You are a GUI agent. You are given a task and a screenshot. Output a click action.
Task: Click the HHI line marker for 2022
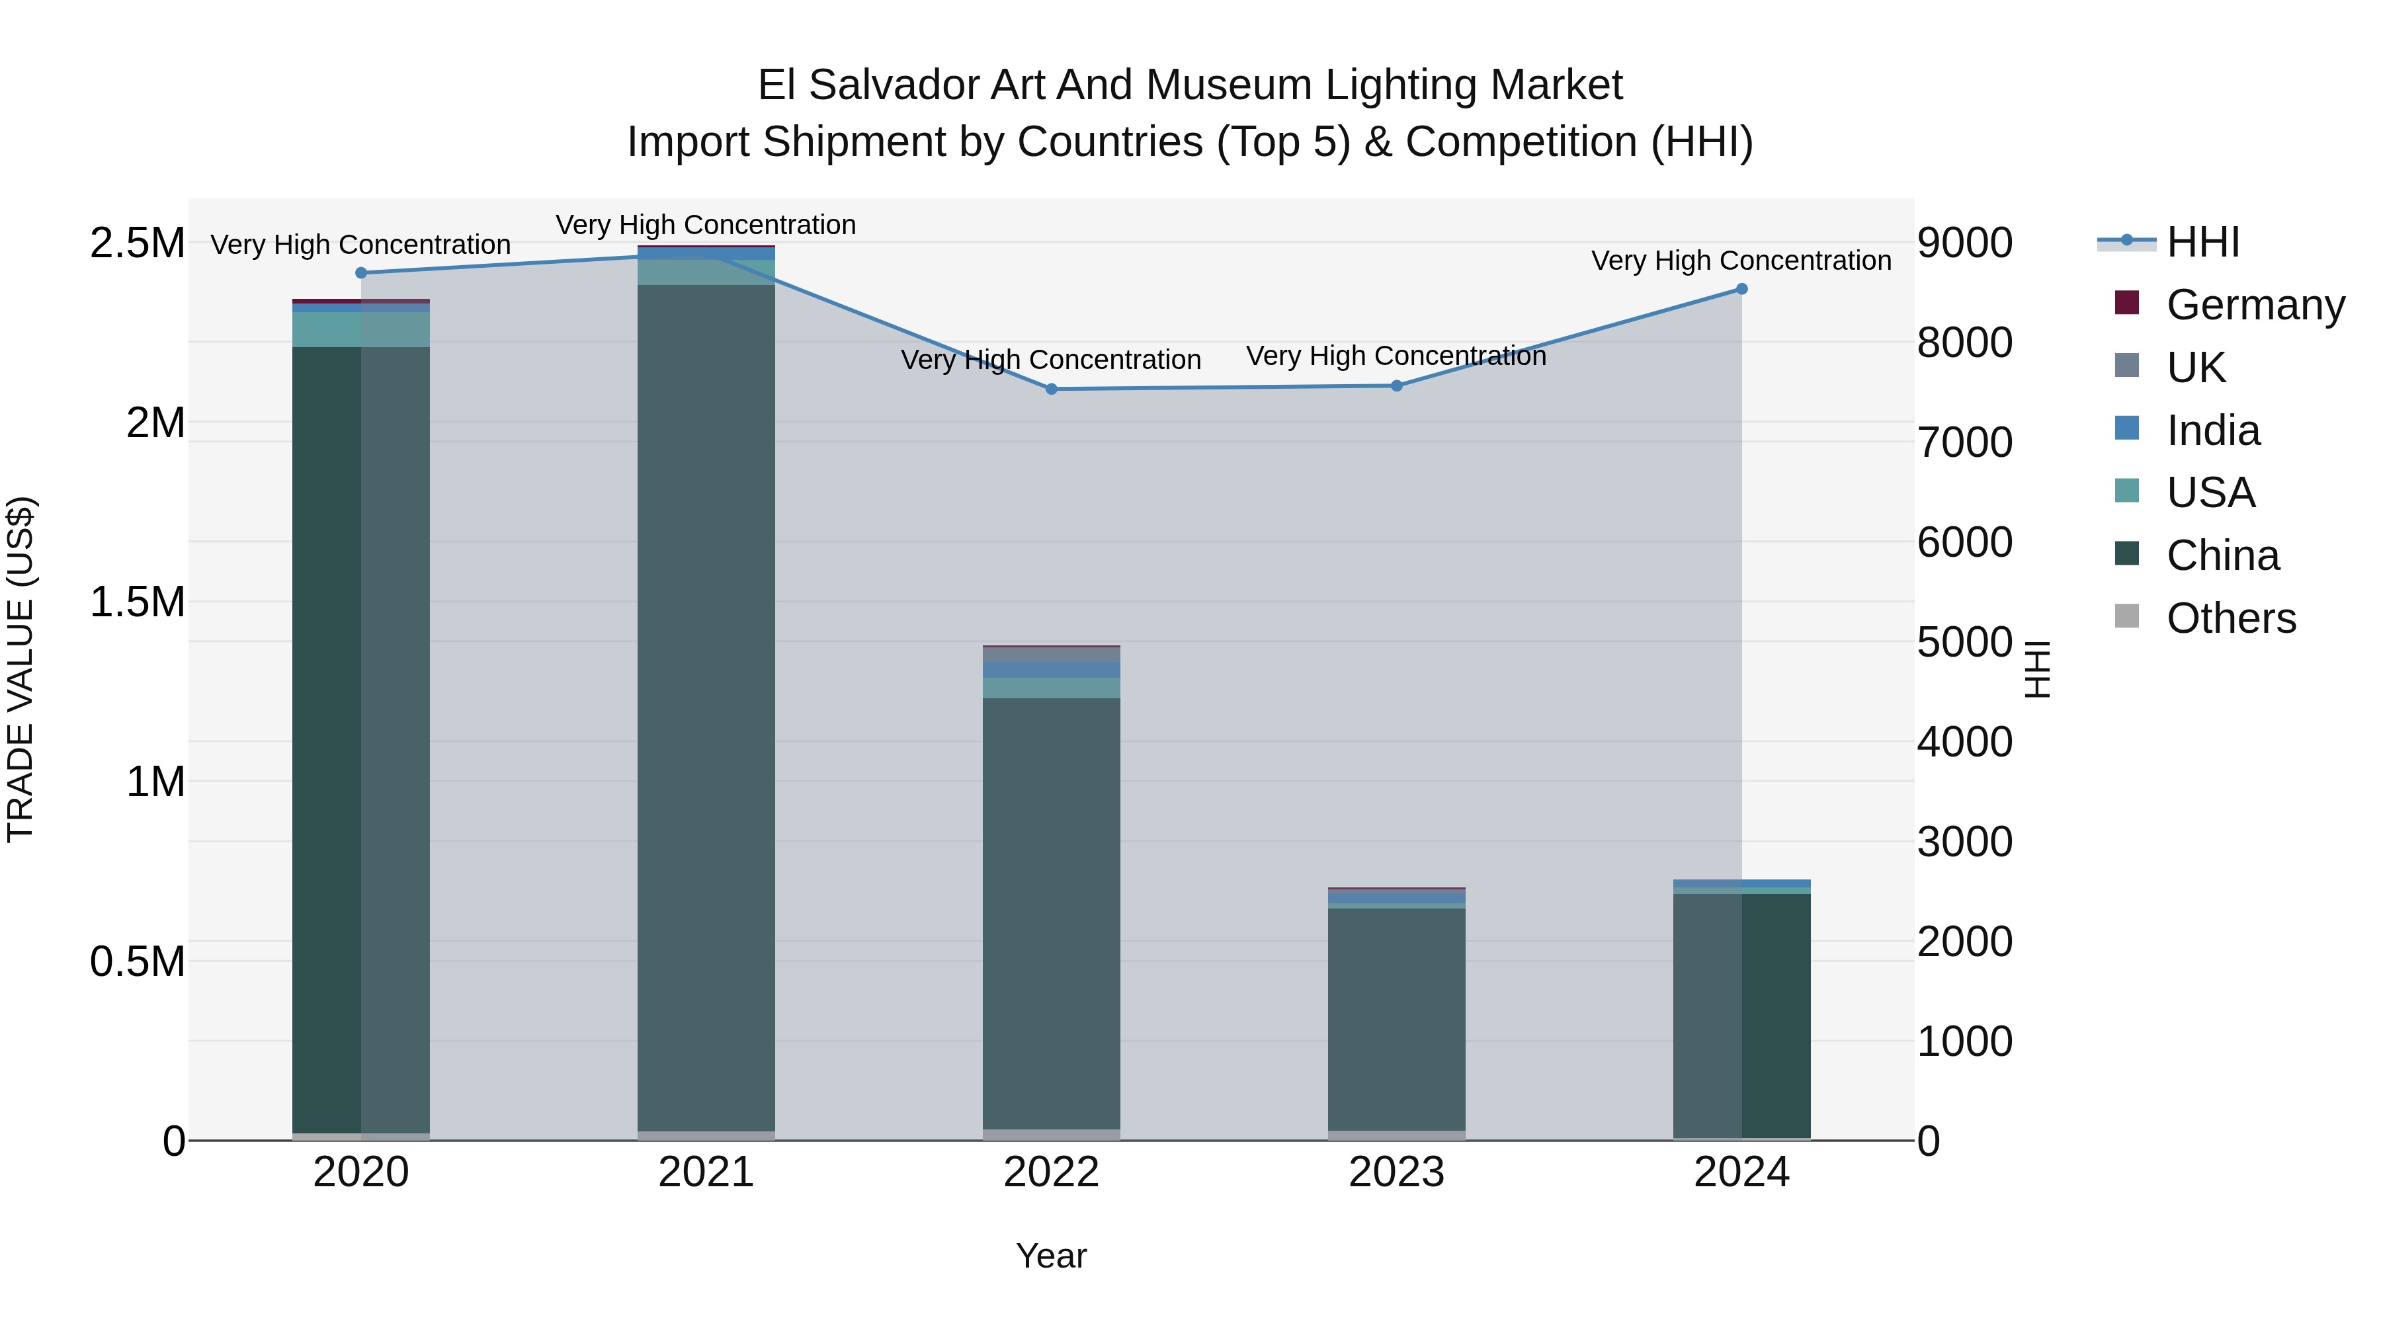click(x=1051, y=389)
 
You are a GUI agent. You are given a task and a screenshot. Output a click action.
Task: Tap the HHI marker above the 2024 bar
click(x=1741, y=289)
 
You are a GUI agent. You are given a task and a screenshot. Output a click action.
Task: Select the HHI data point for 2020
click(x=361, y=272)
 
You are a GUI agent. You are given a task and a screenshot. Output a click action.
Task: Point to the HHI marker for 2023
click(x=1397, y=385)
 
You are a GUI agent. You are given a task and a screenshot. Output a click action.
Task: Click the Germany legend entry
click(x=2255, y=305)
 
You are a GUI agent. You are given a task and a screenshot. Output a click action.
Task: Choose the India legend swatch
click(x=2127, y=428)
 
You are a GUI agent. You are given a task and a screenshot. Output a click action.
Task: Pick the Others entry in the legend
click(x=2230, y=618)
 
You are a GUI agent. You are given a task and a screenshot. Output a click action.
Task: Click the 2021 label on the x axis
click(x=706, y=1172)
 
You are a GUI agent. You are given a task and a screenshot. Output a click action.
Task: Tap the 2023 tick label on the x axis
click(x=1397, y=1172)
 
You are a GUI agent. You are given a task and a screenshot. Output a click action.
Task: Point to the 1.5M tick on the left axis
click(x=138, y=602)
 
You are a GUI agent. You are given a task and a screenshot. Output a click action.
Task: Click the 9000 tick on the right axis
click(x=1965, y=243)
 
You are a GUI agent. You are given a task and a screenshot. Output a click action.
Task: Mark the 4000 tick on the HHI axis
click(x=1965, y=742)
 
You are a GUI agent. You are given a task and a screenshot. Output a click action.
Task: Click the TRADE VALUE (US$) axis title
click(x=21, y=669)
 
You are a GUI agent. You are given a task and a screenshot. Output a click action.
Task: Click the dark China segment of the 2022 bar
click(x=1051, y=915)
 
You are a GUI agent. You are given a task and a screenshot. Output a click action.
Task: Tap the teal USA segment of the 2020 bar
click(x=361, y=330)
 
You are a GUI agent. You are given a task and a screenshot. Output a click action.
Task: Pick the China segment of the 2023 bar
click(x=1397, y=1016)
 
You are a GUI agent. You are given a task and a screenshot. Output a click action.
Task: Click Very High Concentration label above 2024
click(x=1741, y=261)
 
